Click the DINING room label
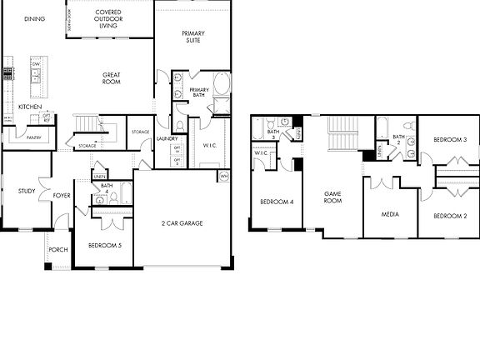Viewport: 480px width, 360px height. [34, 18]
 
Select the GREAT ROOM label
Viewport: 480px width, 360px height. [112, 77]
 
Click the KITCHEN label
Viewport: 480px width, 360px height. [31, 107]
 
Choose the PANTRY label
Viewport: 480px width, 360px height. [34, 137]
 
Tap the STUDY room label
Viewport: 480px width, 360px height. [27, 191]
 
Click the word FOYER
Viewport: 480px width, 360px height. [62, 197]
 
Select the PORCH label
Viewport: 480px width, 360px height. [58, 249]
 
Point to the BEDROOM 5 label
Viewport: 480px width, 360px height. [105, 245]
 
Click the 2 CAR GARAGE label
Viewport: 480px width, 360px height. [182, 222]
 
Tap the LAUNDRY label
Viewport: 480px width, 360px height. [167, 138]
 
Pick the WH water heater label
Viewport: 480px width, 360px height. [224, 177]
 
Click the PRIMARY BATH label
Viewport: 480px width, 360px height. [199, 92]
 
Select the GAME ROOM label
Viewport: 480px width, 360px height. [333, 197]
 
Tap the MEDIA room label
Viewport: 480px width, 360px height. [389, 214]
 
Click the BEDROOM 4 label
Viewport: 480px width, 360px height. [276, 202]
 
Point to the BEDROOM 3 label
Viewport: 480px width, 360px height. [453, 140]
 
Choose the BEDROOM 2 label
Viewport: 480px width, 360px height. [453, 216]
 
